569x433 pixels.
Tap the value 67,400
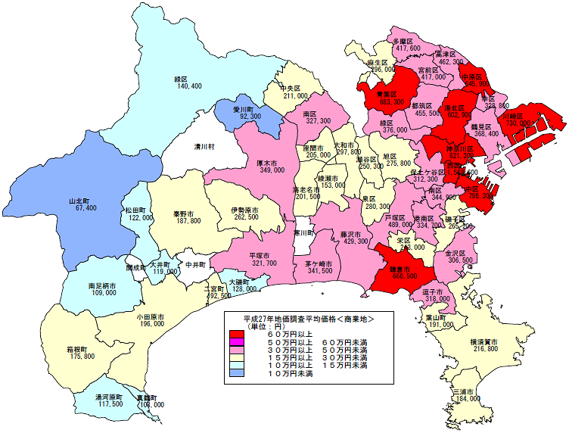[81, 207]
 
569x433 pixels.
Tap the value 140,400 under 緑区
[188, 86]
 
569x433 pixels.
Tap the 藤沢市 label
[353, 233]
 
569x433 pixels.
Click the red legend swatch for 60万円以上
[238, 334]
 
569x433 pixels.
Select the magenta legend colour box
[238, 342]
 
